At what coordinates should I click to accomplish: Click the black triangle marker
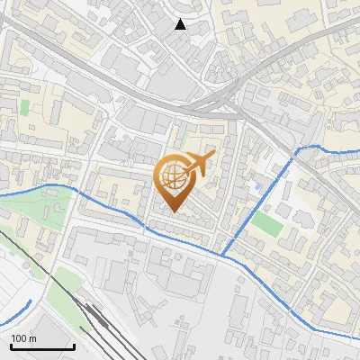point(181,24)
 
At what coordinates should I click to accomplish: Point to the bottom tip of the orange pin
point(174,212)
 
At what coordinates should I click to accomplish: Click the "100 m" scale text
point(23,338)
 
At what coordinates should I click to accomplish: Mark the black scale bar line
point(41,346)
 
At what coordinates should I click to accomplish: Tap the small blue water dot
point(257,186)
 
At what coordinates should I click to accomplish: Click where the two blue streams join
point(221,255)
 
